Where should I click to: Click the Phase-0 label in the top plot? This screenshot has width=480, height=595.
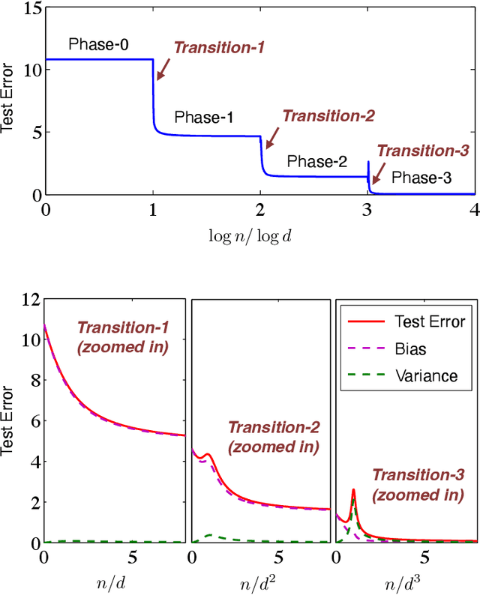pyautogui.click(x=98, y=45)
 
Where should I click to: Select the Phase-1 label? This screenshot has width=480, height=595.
pyautogui.click(x=204, y=118)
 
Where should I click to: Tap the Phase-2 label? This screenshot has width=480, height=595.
pyautogui.click(x=317, y=161)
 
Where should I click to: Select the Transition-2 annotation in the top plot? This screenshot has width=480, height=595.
pyautogui.click(x=328, y=115)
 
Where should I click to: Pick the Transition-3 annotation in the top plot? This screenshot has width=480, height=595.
pyautogui.click(x=423, y=150)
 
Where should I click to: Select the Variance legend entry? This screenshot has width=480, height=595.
pyautogui.click(x=425, y=376)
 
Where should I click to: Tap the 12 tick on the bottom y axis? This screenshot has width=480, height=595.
pyautogui.click(x=30, y=300)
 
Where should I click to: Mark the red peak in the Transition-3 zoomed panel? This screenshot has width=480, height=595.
pyautogui.click(x=353, y=491)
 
